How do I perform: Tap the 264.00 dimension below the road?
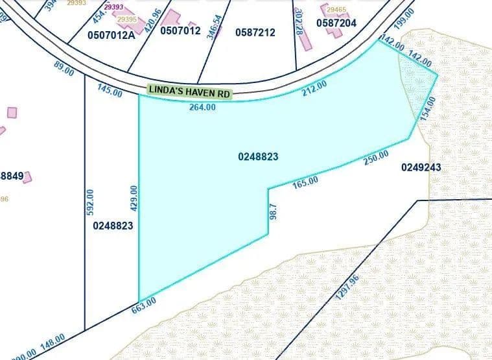(x=202, y=108)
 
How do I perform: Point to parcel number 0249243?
(x=421, y=167)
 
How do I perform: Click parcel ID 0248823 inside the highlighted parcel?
(x=258, y=156)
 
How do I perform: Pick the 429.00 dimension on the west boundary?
(x=134, y=197)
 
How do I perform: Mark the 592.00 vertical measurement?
(x=90, y=202)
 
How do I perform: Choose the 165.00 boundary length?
(x=305, y=182)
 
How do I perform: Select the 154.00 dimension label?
(x=426, y=108)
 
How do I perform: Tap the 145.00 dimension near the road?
(x=110, y=92)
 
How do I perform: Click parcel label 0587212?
(x=255, y=32)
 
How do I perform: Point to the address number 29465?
(x=336, y=10)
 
